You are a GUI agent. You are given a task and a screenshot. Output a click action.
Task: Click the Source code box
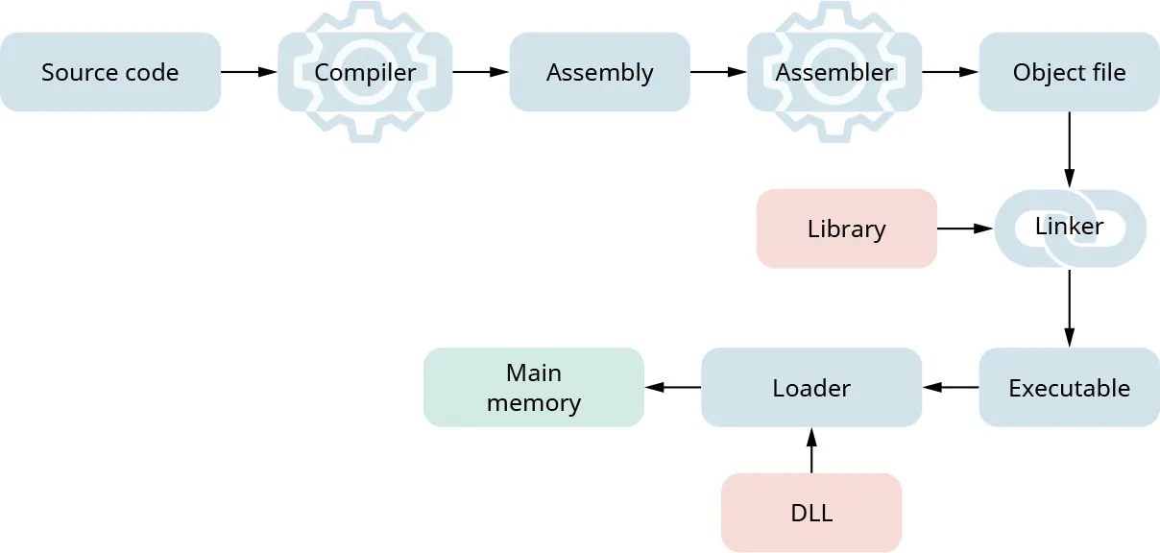coord(110,72)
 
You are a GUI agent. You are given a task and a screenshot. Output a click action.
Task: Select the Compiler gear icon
coord(365,72)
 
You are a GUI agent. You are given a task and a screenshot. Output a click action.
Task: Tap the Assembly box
coord(599,72)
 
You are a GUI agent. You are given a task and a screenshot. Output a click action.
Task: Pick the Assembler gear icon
coord(834,72)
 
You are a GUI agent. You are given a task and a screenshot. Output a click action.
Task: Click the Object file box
coord(1069,72)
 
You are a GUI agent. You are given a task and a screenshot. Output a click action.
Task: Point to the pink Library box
coord(846,228)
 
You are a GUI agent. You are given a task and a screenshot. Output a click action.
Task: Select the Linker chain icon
coord(1069,228)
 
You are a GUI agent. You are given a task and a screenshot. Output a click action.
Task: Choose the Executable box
coord(1069,388)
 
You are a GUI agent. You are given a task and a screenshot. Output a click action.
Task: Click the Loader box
coord(811,388)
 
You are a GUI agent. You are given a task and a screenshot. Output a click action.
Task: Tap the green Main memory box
coord(534,388)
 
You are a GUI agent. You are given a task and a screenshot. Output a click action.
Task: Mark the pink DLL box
coord(811,513)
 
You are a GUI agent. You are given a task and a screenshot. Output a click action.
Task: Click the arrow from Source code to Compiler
coord(249,72)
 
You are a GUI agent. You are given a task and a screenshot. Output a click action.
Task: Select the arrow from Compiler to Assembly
coord(480,72)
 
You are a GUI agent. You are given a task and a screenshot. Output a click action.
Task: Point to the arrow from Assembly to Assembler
coord(718,72)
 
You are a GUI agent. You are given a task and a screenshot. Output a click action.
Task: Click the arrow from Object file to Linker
coord(1069,150)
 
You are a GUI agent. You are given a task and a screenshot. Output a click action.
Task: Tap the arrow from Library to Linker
coord(964,228)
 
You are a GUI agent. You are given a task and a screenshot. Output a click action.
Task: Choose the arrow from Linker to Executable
coord(1069,307)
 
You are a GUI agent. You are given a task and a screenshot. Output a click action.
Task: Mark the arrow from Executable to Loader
coord(951,388)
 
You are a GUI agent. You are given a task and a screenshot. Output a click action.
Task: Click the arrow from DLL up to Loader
coord(811,450)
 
